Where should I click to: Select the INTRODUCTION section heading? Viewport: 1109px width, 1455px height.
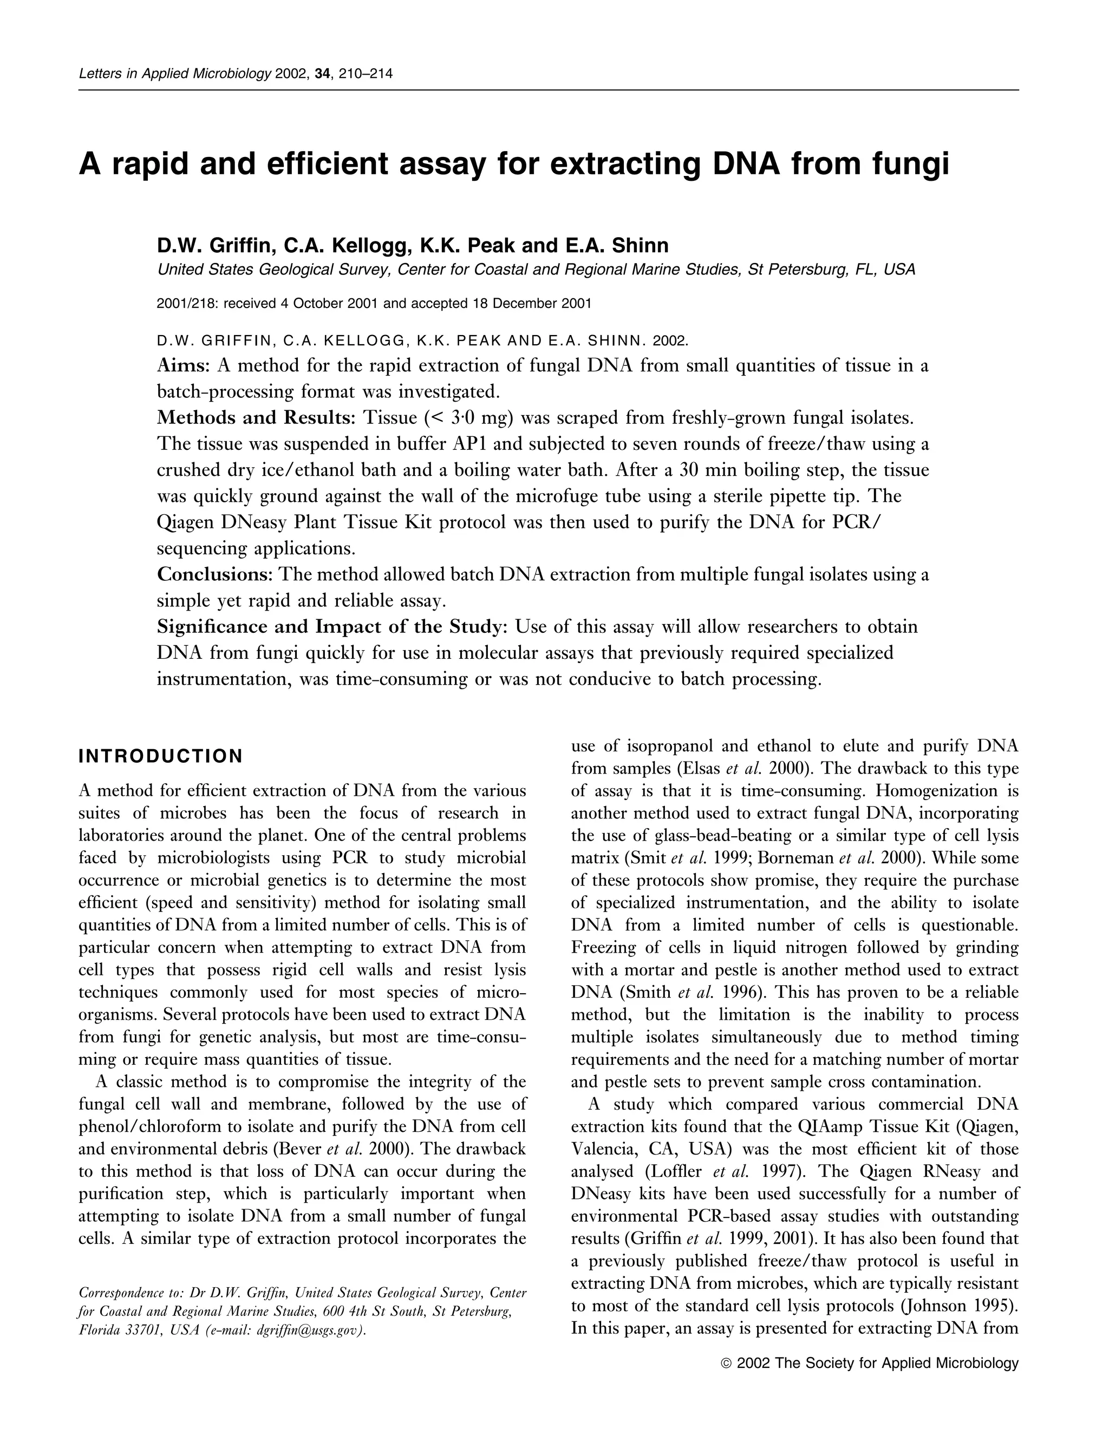pos(160,756)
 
